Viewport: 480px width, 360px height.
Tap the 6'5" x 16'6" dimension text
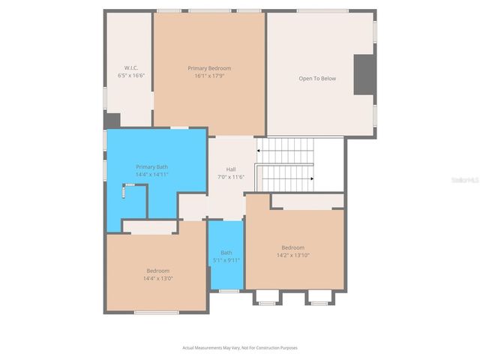pos(130,76)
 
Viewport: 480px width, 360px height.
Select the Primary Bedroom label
pos(209,68)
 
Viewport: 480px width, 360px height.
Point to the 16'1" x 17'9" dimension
pos(209,76)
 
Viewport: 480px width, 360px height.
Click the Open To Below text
pos(317,78)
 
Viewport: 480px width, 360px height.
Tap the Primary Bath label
pos(151,166)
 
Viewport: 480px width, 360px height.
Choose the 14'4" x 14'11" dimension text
pos(151,174)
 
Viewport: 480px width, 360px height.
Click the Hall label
pos(231,169)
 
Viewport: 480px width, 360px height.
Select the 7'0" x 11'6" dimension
pos(231,176)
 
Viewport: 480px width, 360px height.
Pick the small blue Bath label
pos(226,253)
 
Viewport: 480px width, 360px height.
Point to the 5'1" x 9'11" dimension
pos(226,260)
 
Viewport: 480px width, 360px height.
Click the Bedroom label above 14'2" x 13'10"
pos(293,247)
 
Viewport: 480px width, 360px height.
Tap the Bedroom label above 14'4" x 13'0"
pos(157,271)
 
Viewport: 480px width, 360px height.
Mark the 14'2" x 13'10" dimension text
pos(293,255)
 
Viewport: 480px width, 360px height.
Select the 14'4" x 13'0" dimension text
pos(157,278)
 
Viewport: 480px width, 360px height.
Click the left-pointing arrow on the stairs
pos(259,151)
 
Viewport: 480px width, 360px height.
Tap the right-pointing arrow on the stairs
pos(311,178)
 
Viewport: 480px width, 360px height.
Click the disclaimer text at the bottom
pos(240,347)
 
